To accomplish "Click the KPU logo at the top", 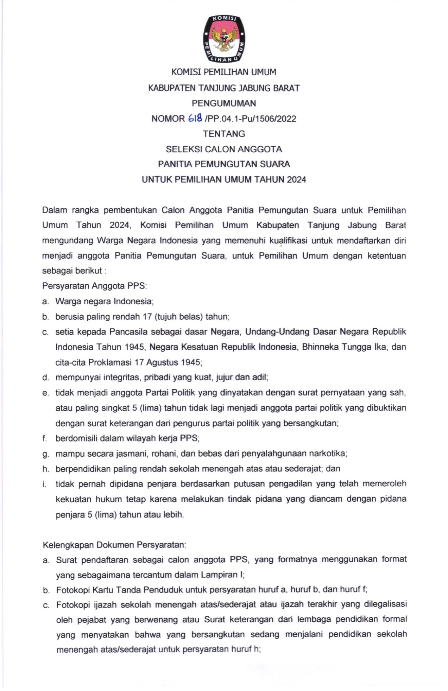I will (x=224, y=38).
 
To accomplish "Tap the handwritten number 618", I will (x=195, y=118).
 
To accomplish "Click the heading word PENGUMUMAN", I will (x=224, y=103).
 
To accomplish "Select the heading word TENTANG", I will (x=224, y=134).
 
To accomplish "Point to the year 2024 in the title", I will (x=296, y=179).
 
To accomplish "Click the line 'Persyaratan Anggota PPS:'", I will (x=94, y=286).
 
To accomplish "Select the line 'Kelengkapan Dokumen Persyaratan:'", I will (x=114, y=545).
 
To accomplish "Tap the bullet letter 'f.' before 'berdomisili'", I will (x=45, y=438).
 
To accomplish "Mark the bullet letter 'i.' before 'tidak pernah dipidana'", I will (x=44, y=484).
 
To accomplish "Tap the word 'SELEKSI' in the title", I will (x=184, y=149).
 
